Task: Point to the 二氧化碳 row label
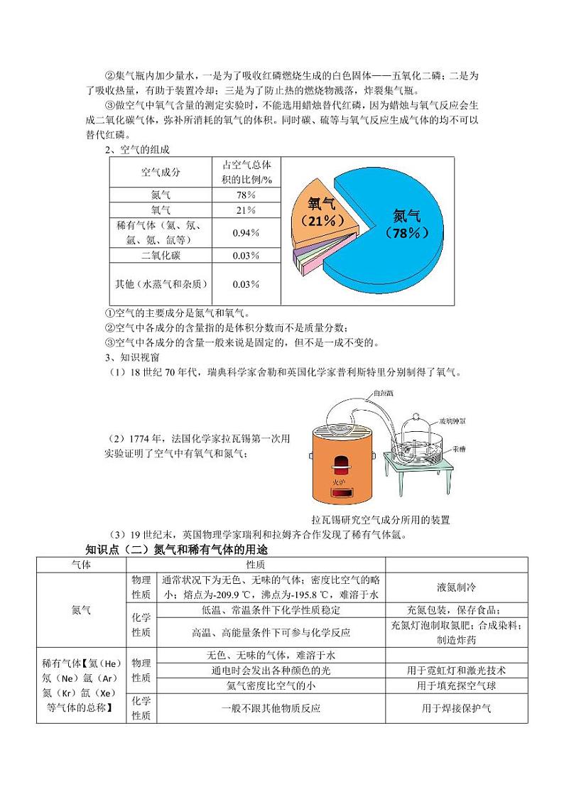pos(161,256)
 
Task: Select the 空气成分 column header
pos(161,172)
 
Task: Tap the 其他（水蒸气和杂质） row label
pos(161,284)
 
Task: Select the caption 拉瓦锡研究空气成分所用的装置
pos(385,520)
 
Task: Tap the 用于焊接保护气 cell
pos(456,707)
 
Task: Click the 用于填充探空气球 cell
pos(456,685)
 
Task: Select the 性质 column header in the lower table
pos(256,564)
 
